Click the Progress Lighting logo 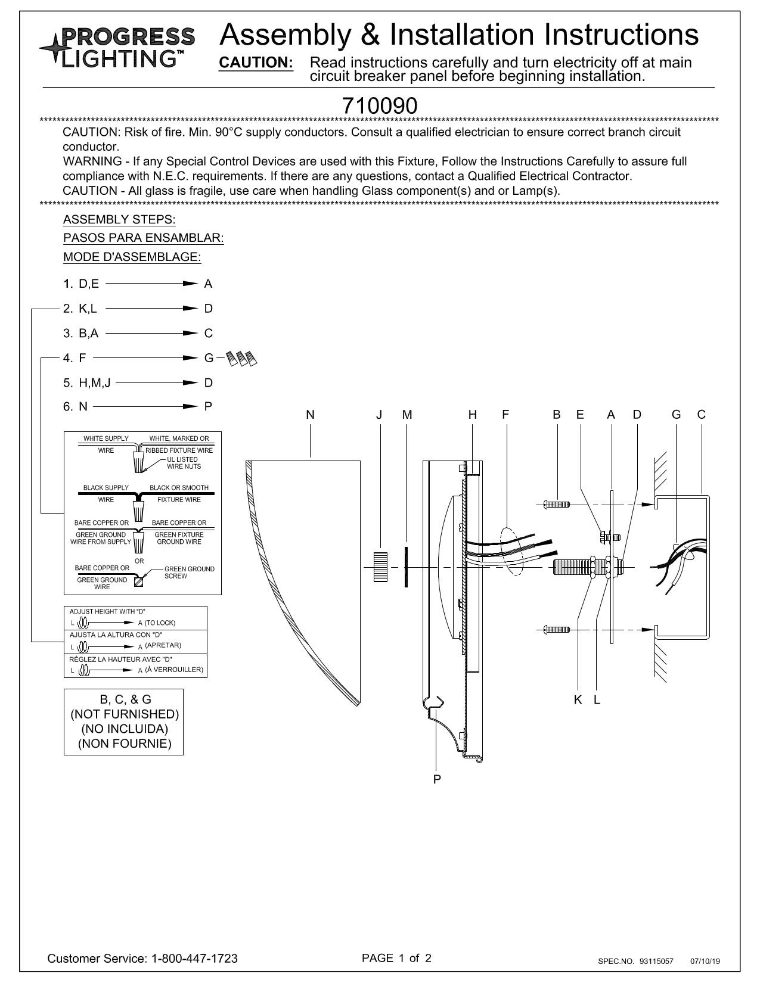pos(117,47)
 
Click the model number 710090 pos(379,106)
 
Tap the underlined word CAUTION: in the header pos(256,63)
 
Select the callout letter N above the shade pos(310,415)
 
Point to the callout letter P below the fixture pos(437,779)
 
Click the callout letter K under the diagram pos(578,699)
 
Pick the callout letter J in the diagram pos(379,415)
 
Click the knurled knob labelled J pos(380,567)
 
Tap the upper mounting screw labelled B pos(556,504)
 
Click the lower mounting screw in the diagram pos(556,629)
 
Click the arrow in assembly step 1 pos(151,284)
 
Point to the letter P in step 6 pos(208,406)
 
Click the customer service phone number pos(195,958)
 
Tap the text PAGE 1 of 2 pos(396,957)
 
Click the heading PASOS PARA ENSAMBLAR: pos(144,238)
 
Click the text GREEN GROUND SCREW pos(189,573)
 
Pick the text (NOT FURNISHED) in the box pos(125,714)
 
